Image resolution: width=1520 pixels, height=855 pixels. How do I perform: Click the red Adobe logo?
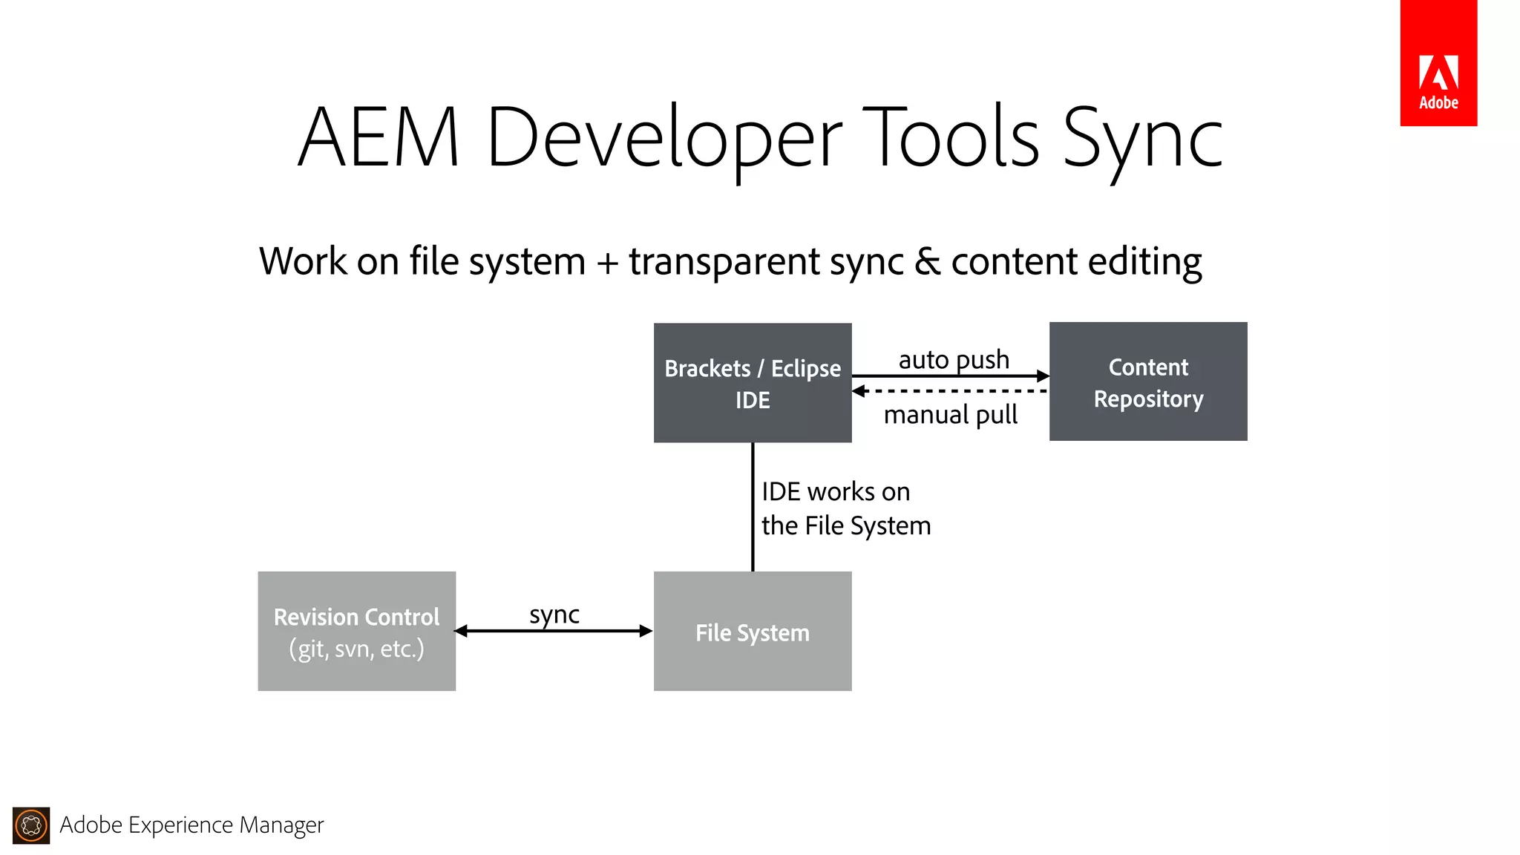(1438, 64)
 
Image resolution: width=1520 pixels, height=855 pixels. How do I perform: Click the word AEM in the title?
(379, 138)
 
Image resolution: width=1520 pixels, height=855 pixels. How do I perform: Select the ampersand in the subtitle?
(927, 261)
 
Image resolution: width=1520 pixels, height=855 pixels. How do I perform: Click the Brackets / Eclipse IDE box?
(752, 383)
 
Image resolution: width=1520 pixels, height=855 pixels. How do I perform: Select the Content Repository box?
(1147, 381)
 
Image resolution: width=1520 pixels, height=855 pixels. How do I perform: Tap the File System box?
(752, 631)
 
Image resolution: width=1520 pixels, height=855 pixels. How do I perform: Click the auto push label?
(953, 360)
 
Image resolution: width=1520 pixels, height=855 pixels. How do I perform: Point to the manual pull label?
(950, 415)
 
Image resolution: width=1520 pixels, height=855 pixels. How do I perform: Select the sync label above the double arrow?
(554, 615)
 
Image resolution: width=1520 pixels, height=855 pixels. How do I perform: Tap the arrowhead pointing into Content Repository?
(1043, 376)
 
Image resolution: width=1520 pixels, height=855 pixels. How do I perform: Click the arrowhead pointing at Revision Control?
(461, 631)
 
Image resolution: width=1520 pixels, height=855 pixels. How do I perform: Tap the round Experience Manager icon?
(31, 825)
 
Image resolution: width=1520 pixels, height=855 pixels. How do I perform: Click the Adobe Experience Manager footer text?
(191, 825)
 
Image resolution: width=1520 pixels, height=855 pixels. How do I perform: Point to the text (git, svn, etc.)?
(356, 649)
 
